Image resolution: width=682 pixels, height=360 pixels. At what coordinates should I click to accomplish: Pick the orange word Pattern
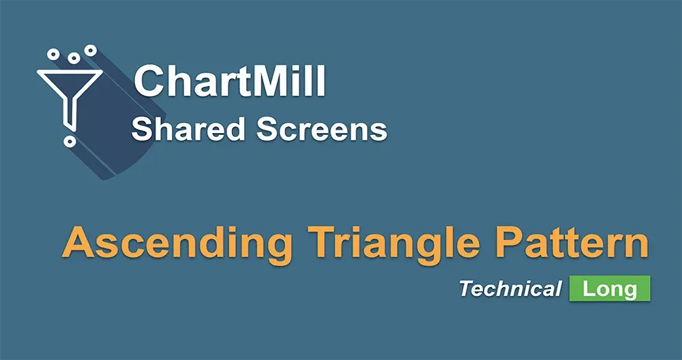[x=568, y=244]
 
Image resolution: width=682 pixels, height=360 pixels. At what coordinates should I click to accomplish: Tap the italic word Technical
[x=509, y=288]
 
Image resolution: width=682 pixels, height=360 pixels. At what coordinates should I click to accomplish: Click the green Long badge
[x=610, y=288]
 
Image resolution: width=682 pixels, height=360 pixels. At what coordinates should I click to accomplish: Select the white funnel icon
[x=68, y=92]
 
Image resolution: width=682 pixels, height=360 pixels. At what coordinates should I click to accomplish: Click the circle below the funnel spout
[x=69, y=141]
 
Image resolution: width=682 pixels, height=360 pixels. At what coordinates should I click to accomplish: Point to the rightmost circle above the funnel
[x=89, y=50]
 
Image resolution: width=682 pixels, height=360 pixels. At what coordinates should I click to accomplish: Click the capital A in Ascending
[x=77, y=244]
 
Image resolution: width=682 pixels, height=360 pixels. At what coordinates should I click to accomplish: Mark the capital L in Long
[x=588, y=288]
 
